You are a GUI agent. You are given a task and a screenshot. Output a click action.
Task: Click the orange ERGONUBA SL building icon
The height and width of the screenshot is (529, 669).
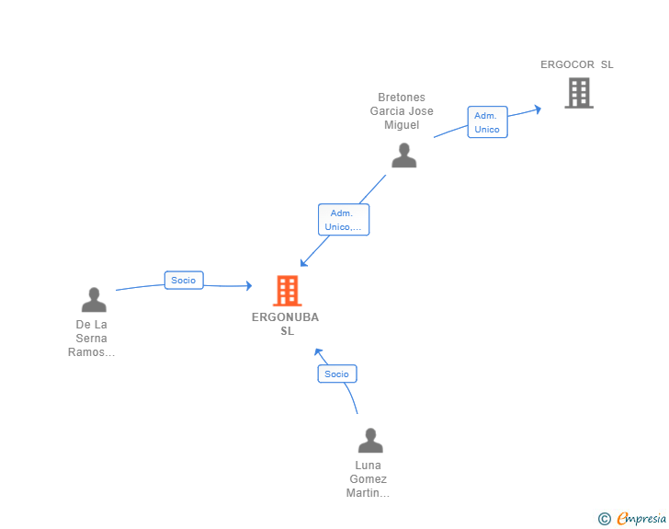pyautogui.click(x=287, y=291)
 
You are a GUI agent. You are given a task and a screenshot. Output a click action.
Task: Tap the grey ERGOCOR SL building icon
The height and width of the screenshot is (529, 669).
pyautogui.click(x=579, y=93)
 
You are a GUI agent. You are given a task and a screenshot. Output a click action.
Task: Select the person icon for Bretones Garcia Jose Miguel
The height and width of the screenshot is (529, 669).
pyautogui.click(x=403, y=155)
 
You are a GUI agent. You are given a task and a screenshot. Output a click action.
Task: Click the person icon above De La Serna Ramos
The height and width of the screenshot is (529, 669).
pyautogui.click(x=94, y=299)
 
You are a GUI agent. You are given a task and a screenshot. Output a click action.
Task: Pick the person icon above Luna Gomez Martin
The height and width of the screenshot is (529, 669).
pyautogui.click(x=370, y=440)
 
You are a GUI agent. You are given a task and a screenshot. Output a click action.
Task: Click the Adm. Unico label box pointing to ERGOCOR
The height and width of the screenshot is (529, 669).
pyautogui.click(x=487, y=122)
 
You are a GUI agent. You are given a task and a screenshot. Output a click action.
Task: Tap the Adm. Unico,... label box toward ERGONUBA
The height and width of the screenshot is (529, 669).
pyautogui.click(x=344, y=220)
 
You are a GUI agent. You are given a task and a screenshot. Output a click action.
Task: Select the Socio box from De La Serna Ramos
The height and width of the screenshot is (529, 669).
pyautogui.click(x=184, y=281)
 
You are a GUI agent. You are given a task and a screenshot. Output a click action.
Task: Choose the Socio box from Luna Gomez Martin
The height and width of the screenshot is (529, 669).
pyautogui.click(x=337, y=374)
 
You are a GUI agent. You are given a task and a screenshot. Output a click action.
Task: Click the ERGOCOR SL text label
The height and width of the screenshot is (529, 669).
pyautogui.click(x=577, y=64)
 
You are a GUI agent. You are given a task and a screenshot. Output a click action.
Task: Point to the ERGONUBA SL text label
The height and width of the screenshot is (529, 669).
pyautogui.click(x=286, y=324)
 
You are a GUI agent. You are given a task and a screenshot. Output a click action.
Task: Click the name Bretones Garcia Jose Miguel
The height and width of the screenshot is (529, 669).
pyautogui.click(x=402, y=111)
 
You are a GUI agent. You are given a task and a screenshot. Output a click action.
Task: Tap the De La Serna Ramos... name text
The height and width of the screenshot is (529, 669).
pyautogui.click(x=91, y=339)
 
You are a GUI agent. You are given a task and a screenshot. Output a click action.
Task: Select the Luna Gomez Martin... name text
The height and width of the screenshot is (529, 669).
pyautogui.click(x=368, y=479)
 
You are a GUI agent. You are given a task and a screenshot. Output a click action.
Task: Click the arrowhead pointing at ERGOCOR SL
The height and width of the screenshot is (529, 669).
pyautogui.click(x=538, y=109)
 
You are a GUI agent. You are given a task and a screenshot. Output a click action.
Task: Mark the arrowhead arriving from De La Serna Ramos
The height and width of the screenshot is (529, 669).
pyautogui.click(x=249, y=285)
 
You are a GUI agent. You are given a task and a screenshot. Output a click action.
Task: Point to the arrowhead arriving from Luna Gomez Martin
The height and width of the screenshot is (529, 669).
pyautogui.click(x=318, y=352)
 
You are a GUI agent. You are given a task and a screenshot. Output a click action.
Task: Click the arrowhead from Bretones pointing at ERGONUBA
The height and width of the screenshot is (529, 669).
pyautogui.click(x=303, y=263)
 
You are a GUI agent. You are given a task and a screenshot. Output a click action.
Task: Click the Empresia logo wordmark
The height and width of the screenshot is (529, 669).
pyautogui.click(x=641, y=518)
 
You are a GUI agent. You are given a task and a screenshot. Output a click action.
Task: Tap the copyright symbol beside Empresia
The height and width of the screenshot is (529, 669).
pyautogui.click(x=605, y=519)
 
